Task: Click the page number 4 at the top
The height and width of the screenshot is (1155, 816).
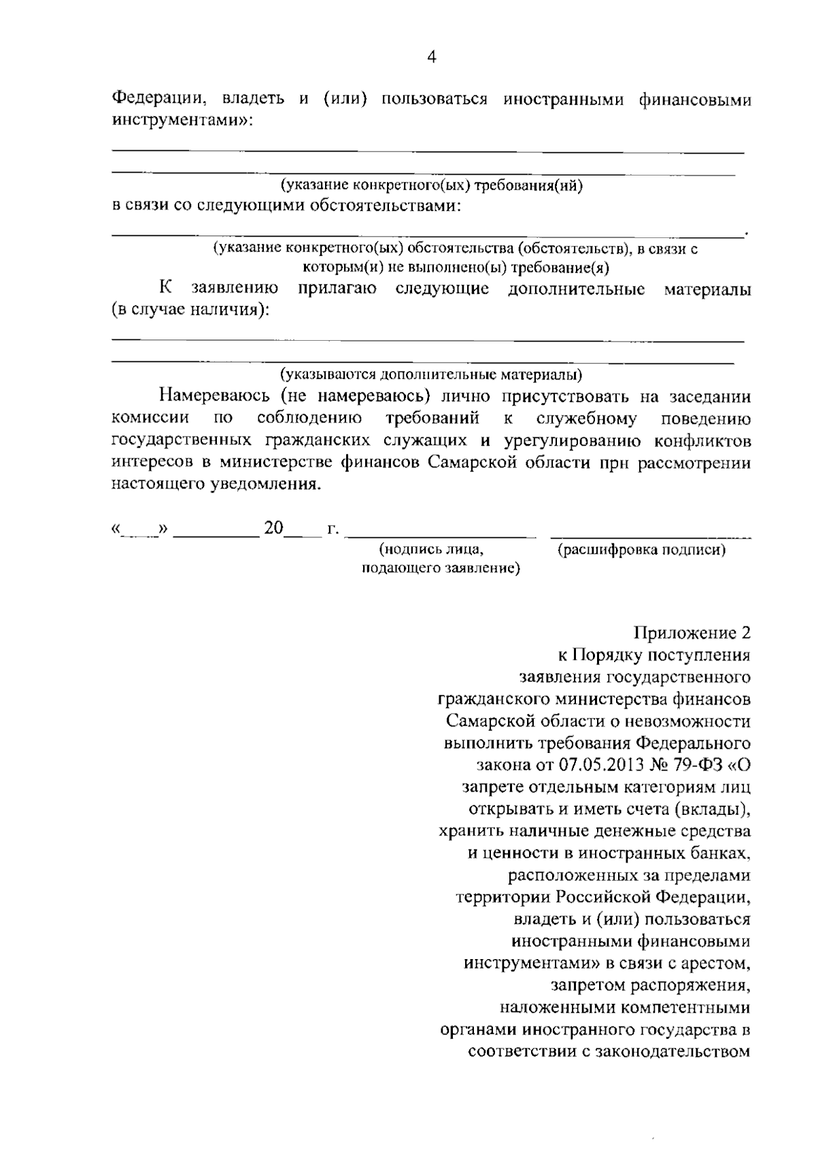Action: coord(430,58)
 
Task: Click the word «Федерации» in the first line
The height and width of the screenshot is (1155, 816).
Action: coord(158,99)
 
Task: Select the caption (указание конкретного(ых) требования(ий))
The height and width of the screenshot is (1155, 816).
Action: coord(432,184)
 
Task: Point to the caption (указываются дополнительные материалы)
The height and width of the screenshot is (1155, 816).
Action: coord(431,374)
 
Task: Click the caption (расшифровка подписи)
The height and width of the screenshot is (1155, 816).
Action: coord(641,550)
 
